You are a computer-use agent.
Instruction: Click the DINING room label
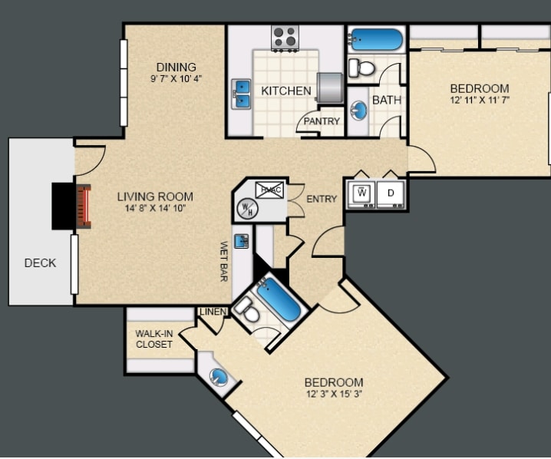pos(176,67)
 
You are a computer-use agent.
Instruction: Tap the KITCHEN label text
pos(286,91)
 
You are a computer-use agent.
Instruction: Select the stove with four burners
pos(285,36)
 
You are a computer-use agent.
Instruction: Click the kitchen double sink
pos(242,94)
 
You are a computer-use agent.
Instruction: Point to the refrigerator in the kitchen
pos(331,88)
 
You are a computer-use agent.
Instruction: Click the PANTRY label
pos(322,121)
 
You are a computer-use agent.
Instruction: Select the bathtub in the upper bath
pos(376,40)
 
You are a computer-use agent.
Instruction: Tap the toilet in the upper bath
pos(361,68)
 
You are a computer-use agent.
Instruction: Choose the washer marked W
pos(361,193)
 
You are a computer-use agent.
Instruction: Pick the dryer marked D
pos(391,193)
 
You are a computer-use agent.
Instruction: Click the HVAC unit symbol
pos(269,190)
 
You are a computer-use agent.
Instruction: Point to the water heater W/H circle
pos(248,206)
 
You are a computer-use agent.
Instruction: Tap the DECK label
pos(40,263)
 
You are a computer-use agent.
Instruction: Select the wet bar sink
pos(241,241)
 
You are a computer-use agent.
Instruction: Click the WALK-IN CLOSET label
pos(153,338)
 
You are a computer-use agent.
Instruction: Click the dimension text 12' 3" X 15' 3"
pos(333,395)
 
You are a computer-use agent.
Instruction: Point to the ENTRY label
pos(322,200)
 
